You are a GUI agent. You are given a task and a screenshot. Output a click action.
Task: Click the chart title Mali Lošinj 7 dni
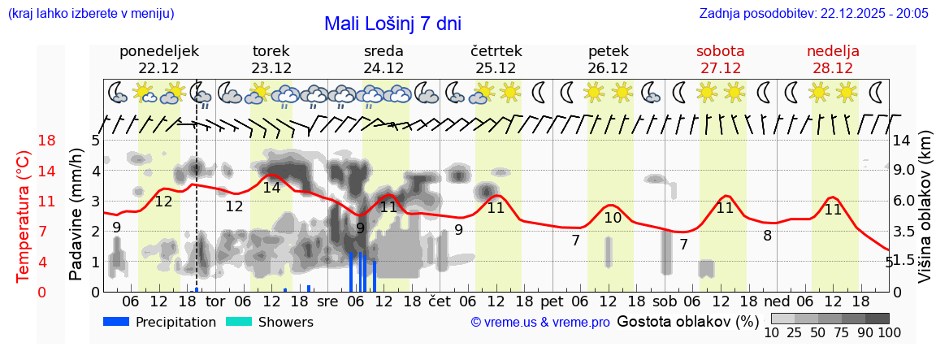coord(392,24)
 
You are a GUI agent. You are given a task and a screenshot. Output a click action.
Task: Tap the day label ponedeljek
coord(158,51)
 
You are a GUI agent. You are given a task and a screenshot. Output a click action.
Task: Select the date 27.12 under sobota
coord(721,68)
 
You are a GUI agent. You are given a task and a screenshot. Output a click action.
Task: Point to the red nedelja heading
coord(833,51)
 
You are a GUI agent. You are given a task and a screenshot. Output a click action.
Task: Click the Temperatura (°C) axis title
coord(24,216)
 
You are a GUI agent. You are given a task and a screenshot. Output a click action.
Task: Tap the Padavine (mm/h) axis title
coord(76,215)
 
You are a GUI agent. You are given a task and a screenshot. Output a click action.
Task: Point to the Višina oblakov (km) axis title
coord(925,215)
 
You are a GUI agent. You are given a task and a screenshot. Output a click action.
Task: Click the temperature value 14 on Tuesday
coord(271,187)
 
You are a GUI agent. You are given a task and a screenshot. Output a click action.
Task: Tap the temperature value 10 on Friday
coord(613,217)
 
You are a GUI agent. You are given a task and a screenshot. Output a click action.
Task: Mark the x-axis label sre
coord(327,301)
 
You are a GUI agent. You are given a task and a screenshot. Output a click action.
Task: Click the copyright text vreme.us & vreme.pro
coord(540,323)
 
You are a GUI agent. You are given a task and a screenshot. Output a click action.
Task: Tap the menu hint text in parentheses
coord(91,14)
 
